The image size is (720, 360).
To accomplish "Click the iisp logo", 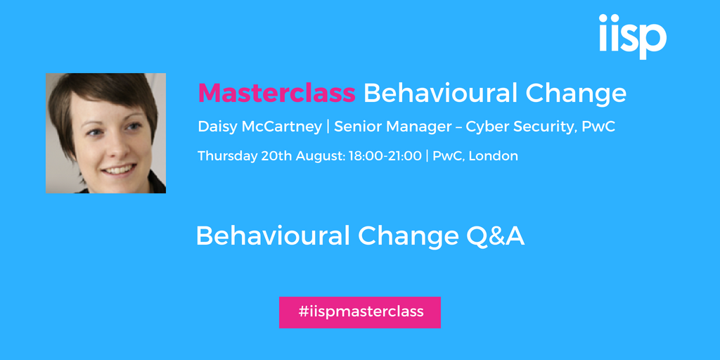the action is [x=633, y=37].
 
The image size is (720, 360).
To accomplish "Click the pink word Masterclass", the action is [x=276, y=94].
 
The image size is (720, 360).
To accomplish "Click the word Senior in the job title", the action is [x=355, y=127].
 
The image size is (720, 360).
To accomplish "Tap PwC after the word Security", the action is [x=598, y=127].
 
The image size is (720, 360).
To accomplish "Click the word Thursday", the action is [x=227, y=156].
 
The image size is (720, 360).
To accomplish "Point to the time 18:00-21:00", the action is [x=385, y=156].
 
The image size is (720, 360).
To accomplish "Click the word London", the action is [x=494, y=156].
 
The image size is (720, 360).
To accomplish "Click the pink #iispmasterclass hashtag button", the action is [x=360, y=312].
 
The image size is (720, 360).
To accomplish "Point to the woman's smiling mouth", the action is [x=118, y=170].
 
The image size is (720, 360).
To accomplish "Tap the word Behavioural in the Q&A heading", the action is [x=274, y=236].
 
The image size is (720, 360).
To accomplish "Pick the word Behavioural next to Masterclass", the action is [x=441, y=94].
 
